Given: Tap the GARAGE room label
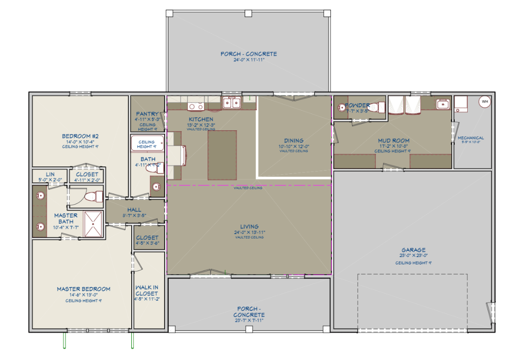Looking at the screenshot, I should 413,250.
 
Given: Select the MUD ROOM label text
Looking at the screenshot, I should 394,140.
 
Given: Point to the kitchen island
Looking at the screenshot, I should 222,155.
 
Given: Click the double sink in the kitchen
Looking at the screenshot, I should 231,102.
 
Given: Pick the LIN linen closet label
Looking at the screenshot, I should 50,174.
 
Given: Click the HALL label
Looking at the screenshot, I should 134,210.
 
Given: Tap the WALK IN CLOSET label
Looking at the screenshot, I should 147,290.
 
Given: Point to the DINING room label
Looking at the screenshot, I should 293,140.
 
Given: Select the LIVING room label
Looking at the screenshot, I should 249,226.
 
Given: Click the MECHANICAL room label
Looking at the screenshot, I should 471,138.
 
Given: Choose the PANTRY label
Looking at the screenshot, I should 147,114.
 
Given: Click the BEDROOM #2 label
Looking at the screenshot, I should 80,136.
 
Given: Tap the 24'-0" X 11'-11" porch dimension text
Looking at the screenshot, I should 248,60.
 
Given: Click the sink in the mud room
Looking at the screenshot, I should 442,104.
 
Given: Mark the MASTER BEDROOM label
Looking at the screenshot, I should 83,289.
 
